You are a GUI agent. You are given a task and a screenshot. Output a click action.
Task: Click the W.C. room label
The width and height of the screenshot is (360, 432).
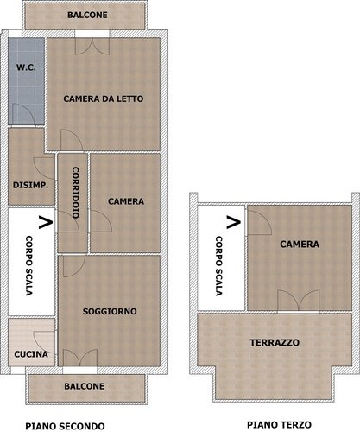point(26,67)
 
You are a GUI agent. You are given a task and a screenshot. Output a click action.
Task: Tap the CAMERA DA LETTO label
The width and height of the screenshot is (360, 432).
point(104,98)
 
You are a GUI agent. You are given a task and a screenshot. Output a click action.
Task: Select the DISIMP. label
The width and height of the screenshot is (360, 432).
point(30,185)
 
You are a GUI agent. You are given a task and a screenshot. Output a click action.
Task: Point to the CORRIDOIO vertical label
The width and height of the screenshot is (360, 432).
point(76,193)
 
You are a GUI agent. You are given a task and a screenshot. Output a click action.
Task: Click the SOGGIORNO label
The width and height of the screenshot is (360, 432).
point(110,311)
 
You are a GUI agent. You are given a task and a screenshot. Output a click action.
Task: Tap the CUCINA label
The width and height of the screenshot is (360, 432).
point(31,354)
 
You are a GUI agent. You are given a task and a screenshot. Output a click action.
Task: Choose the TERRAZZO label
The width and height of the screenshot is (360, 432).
point(275,343)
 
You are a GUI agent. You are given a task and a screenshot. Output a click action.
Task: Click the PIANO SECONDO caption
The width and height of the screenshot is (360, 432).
point(65,426)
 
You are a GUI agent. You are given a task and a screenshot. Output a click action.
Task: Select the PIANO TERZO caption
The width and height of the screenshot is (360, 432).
point(279,424)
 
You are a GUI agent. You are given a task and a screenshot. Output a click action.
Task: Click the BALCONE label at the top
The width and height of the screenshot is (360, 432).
point(87,15)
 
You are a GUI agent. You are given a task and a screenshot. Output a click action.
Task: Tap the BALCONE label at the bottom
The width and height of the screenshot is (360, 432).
point(85,386)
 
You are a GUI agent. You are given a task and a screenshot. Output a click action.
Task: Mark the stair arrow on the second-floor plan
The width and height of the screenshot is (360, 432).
point(46,222)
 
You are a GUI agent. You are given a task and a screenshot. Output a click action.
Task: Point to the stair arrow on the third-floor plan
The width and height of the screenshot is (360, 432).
point(233,222)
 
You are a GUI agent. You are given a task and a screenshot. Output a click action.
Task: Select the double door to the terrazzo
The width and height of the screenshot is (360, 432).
point(299,301)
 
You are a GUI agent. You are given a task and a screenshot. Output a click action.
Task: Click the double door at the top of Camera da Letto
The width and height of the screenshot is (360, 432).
point(92,46)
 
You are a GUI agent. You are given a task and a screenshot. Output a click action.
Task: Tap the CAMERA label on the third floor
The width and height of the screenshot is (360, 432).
point(300,245)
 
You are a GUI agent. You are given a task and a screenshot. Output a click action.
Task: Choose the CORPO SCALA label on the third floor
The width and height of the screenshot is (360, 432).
point(219,266)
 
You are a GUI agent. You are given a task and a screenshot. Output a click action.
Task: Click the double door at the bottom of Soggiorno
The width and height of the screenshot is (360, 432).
point(80,358)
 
